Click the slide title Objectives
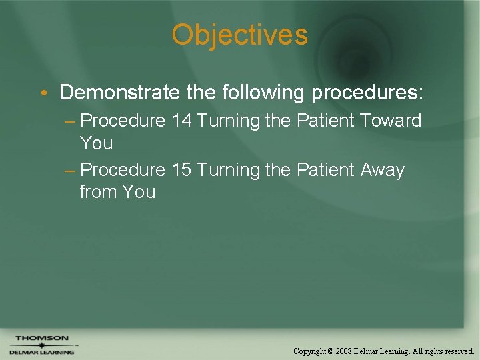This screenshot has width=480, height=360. (x=239, y=35)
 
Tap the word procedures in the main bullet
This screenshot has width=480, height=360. (x=367, y=93)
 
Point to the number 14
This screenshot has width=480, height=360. (x=181, y=121)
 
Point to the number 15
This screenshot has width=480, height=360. (x=181, y=170)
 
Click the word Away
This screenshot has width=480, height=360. (x=383, y=171)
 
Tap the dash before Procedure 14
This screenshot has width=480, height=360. (x=70, y=121)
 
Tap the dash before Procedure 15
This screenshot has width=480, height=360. (x=70, y=171)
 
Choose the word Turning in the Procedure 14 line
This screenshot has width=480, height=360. (x=228, y=121)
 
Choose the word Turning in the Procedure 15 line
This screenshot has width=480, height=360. (x=228, y=170)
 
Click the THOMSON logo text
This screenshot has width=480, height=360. (x=41, y=338)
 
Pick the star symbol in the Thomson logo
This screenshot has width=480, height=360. (x=41, y=345)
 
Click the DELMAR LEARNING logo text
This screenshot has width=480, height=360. (x=41, y=352)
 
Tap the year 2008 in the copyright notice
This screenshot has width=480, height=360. (x=344, y=351)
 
